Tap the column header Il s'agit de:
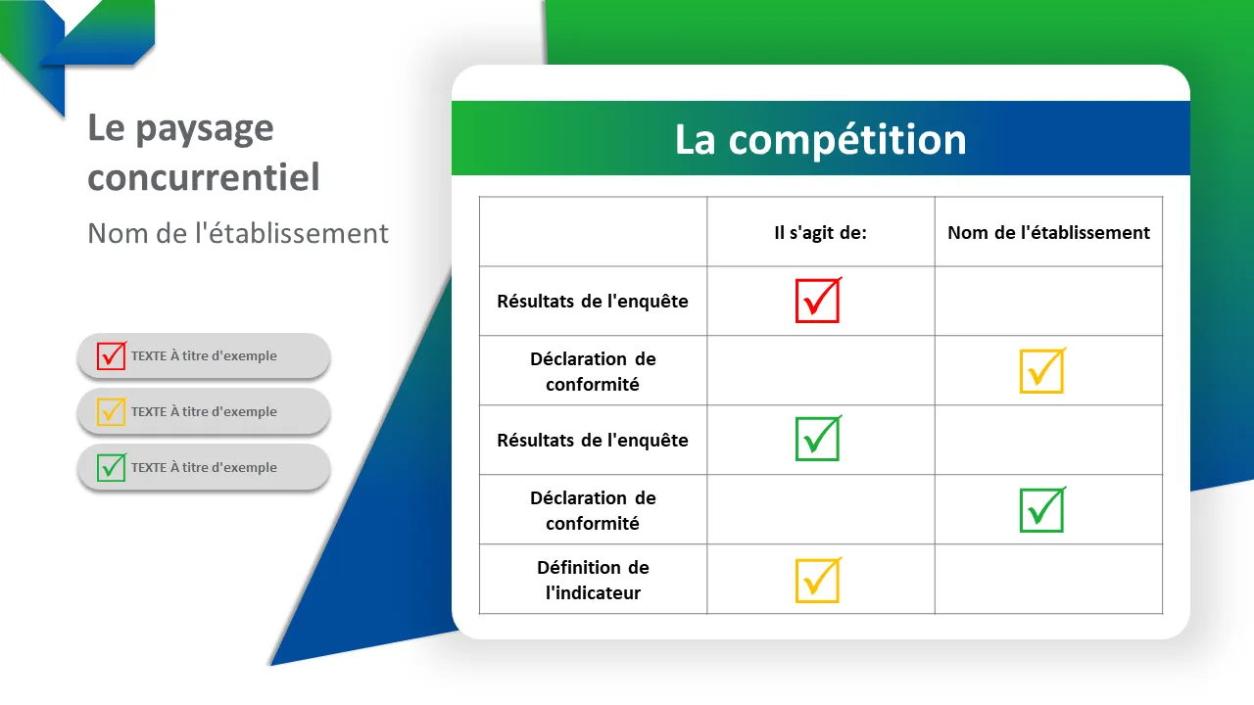[x=820, y=233]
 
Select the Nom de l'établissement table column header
[x=1048, y=233]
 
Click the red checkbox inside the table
[x=817, y=301]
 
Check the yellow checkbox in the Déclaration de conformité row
[x=1041, y=371]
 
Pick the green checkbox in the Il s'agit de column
[x=817, y=440]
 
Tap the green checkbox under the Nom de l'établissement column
[x=1041, y=510]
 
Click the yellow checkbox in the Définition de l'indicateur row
[x=817, y=580]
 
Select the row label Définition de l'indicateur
[x=593, y=580]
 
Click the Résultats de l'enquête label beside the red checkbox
[x=593, y=302]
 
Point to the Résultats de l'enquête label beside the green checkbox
[x=593, y=441]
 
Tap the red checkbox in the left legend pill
[x=111, y=355]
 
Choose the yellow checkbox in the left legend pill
[x=111, y=411]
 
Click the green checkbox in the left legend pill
[x=111, y=467]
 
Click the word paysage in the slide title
[x=205, y=128]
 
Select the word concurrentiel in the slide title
[x=204, y=178]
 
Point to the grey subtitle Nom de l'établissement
[x=238, y=233]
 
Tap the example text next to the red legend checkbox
[x=204, y=356]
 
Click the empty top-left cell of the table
[x=593, y=232]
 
